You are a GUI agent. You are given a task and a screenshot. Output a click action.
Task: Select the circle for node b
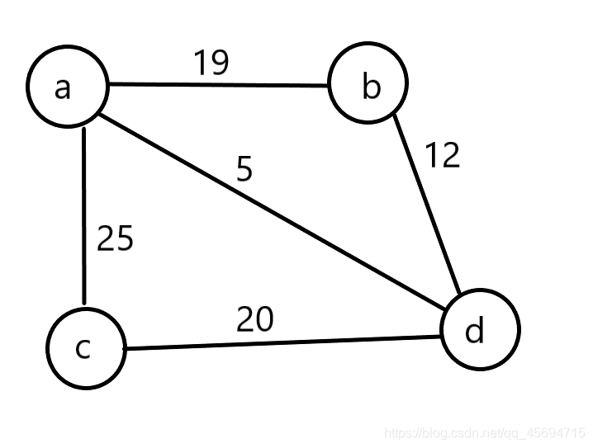(368, 85)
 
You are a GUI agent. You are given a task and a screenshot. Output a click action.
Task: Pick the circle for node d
(481, 329)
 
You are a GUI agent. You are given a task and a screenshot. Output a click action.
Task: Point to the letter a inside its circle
(63, 87)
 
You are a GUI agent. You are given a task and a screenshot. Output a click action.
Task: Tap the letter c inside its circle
(83, 349)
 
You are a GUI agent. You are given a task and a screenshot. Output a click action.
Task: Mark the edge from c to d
(281, 342)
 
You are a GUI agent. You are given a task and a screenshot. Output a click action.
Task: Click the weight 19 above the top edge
(211, 62)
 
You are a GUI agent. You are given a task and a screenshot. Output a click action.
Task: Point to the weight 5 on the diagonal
(244, 168)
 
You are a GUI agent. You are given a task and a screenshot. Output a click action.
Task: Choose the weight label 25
(115, 238)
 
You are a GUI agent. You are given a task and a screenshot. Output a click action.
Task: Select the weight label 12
(442, 154)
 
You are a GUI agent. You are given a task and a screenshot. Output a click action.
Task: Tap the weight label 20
(254, 319)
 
